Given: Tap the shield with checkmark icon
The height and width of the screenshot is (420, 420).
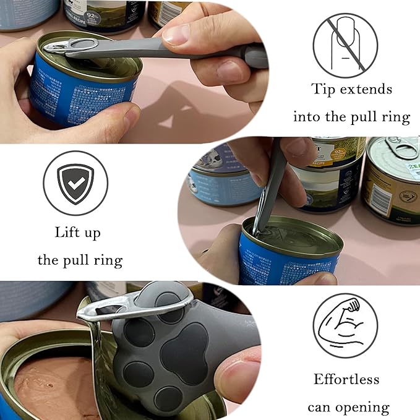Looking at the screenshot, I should coord(75,183).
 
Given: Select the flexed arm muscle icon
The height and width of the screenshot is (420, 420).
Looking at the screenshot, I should coord(345,325).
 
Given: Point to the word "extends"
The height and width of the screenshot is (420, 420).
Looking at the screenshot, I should coord(369,89).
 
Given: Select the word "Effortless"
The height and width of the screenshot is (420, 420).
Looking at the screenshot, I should coord(346,379).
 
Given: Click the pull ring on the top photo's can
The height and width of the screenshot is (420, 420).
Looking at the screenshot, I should coord(74,46).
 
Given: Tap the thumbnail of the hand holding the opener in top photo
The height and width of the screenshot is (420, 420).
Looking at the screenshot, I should coord(176,35).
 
